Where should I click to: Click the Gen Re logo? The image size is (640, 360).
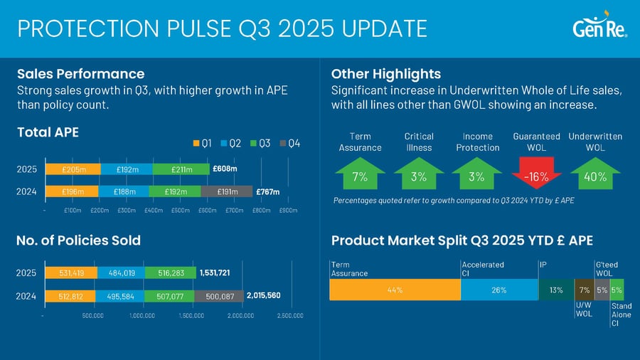point(599,28)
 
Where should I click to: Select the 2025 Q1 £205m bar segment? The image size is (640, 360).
point(73,169)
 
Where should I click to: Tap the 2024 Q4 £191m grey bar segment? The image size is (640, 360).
point(226,191)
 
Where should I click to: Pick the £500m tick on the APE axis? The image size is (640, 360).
point(180,211)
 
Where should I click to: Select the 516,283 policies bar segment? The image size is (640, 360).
point(169,272)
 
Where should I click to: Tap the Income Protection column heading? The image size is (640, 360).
point(478,142)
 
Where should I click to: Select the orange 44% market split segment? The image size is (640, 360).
point(395,290)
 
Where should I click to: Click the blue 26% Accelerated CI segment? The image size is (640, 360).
point(499,290)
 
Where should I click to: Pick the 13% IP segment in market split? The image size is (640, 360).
point(556,290)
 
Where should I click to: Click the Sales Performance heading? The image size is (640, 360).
point(80,74)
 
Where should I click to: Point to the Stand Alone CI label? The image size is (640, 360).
point(621,315)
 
